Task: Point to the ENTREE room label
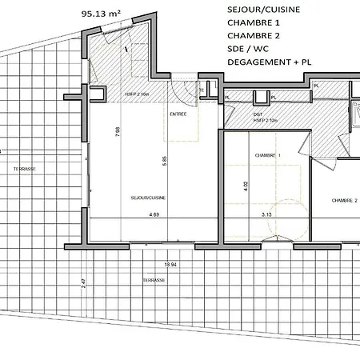coord(178,114)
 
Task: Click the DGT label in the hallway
coord(258,114)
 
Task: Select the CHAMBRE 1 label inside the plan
coord(267,155)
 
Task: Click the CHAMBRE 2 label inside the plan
coord(344,201)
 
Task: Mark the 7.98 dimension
coord(118,132)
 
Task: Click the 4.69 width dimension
coord(154,214)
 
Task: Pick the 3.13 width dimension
coord(267,214)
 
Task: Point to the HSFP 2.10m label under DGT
coord(266,121)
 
